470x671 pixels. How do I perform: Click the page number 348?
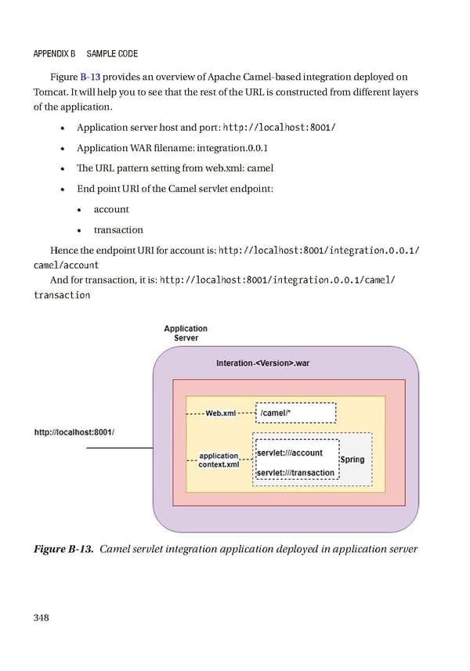(x=42, y=617)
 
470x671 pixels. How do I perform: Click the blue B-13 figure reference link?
(x=92, y=77)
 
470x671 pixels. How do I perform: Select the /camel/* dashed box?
(x=297, y=413)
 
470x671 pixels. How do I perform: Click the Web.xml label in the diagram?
(x=220, y=413)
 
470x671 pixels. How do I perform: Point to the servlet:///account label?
(x=290, y=453)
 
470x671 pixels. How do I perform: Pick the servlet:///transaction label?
(x=296, y=472)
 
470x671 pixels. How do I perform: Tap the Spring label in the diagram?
(x=352, y=460)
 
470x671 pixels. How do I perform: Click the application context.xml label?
(x=219, y=460)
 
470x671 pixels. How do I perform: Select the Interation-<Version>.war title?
(x=263, y=363)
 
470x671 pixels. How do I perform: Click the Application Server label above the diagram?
(x=186, y=333)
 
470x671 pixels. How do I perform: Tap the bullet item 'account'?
(x=111, y=209)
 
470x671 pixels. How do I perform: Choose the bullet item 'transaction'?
(x=118, y=229)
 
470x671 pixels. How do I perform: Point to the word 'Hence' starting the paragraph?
(x=63, y=251)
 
